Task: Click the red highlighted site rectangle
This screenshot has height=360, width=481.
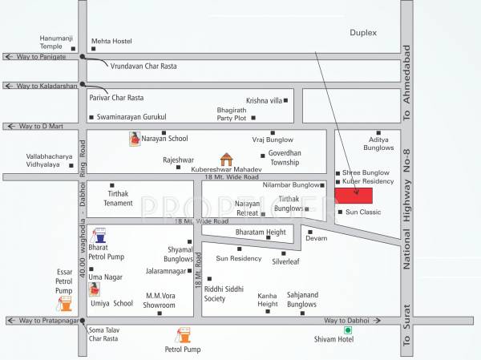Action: (354, 196)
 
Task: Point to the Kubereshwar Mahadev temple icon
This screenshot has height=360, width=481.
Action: (227, 159)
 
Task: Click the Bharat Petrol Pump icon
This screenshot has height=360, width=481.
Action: (100, 236)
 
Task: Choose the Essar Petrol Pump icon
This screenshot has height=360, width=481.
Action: (65, 303)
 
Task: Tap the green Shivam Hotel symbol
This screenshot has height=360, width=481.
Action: (348, 330)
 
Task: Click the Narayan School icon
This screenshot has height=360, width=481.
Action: (135, 139)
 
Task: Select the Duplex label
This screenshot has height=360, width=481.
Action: (362, 32)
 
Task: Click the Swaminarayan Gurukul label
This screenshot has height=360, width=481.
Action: (131, 117)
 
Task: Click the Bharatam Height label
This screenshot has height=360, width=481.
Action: (260, 233)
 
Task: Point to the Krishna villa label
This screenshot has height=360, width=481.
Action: (265, 101)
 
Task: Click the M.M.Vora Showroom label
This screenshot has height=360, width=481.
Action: (160, 300)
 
